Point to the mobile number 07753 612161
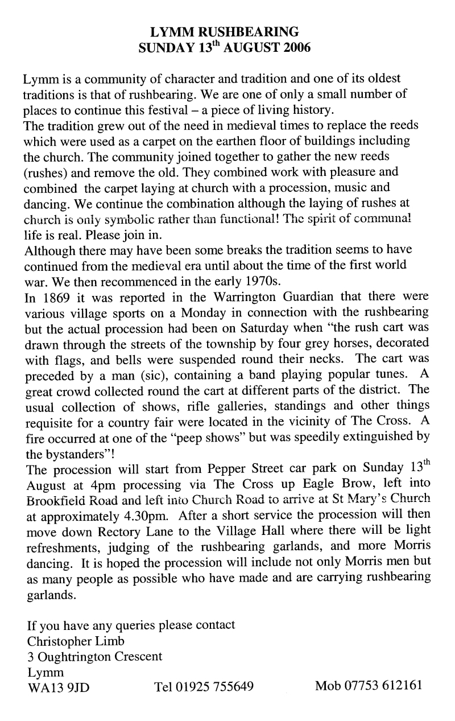pos(369,686)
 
